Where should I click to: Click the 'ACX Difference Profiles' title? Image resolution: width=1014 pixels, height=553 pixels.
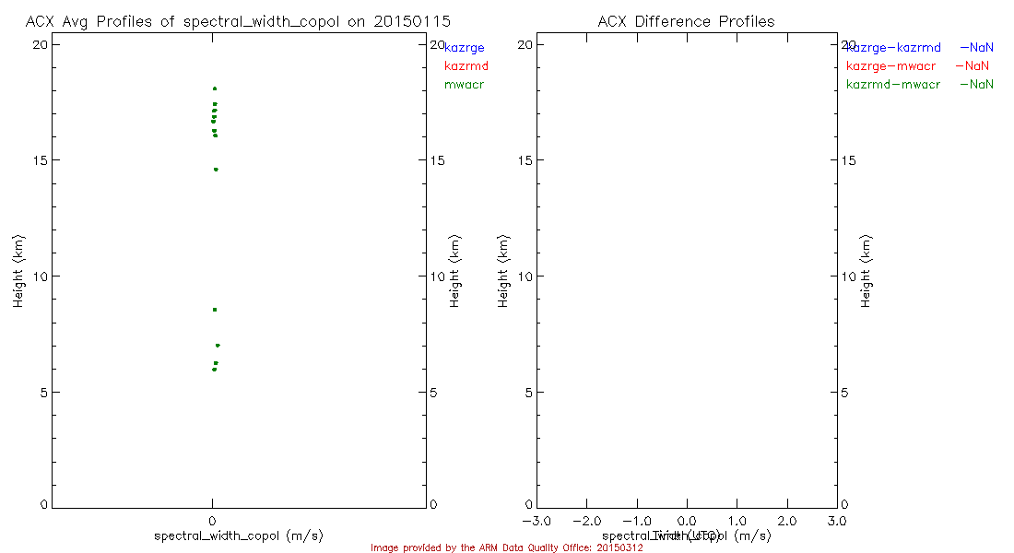pos(686,21)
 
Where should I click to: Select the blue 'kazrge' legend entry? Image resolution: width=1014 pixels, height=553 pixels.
pos(465,47)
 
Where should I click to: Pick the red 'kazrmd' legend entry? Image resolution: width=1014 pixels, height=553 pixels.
pos(466,65)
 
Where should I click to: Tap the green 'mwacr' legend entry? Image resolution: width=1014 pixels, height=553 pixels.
pos(465,85)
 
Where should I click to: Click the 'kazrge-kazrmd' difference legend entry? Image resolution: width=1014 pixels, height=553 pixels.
pos(893,47)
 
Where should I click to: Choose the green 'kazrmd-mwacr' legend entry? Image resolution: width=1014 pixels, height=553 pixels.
pos(893,85)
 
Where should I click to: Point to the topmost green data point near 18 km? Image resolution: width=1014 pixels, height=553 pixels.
pos(215,88)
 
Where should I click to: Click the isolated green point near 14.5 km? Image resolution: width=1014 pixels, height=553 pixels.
pos(216,170)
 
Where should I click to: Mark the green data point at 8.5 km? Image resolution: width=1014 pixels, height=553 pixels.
pos(215,310)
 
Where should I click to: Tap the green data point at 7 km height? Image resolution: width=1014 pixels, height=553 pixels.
pos(218,346)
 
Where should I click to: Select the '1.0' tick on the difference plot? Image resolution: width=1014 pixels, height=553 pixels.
pos(737,521)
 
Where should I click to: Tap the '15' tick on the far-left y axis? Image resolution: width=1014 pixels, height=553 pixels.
pos(41,160)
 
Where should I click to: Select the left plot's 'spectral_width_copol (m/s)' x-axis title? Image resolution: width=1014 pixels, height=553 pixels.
pos(239,535)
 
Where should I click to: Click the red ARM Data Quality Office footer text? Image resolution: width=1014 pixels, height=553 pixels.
pos(507,547)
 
